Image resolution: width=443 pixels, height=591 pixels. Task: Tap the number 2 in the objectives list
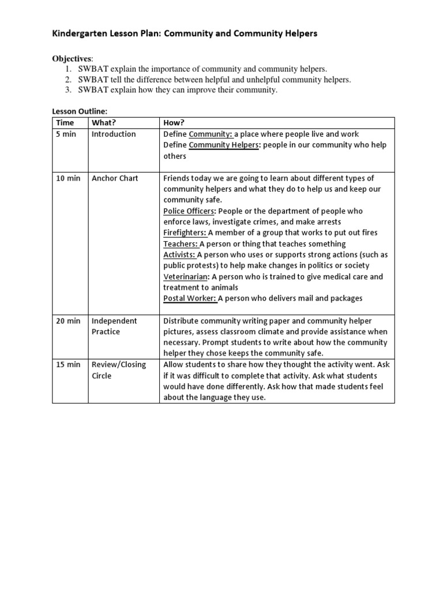click(x=67, y=80)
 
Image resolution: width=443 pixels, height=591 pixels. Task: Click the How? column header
click(x=174, y=123)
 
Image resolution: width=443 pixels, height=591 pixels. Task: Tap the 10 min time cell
click(x=68, y=178)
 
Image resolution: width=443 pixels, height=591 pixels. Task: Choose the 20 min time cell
click(x=68, y=321)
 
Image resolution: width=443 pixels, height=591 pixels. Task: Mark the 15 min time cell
click(x=68, y=365)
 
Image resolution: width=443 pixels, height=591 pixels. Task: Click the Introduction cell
click(x=114, y=134)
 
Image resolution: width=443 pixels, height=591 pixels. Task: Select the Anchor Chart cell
click(x=115, y=178)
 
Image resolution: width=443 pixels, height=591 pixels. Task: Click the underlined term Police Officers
click(x=189, y=211)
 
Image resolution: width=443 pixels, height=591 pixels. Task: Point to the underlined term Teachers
click(x=181, y=244)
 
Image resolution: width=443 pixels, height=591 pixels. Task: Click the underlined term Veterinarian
click(x=185, y=277)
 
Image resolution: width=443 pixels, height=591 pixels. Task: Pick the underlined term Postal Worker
click(x=190, y=298)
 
